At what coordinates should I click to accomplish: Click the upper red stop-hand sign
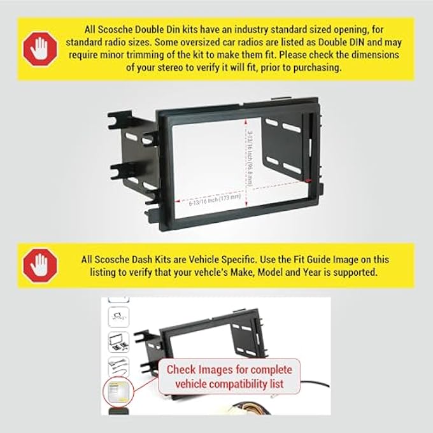click(39, 48)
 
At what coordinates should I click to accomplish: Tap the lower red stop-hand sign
click(39, 265)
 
